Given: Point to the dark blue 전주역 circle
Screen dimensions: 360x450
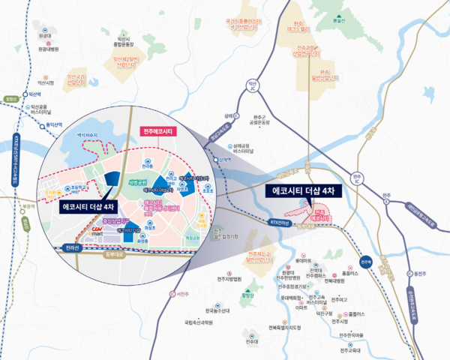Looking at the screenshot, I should click(365, 262).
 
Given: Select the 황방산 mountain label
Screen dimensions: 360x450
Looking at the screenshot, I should click(246, 295).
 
